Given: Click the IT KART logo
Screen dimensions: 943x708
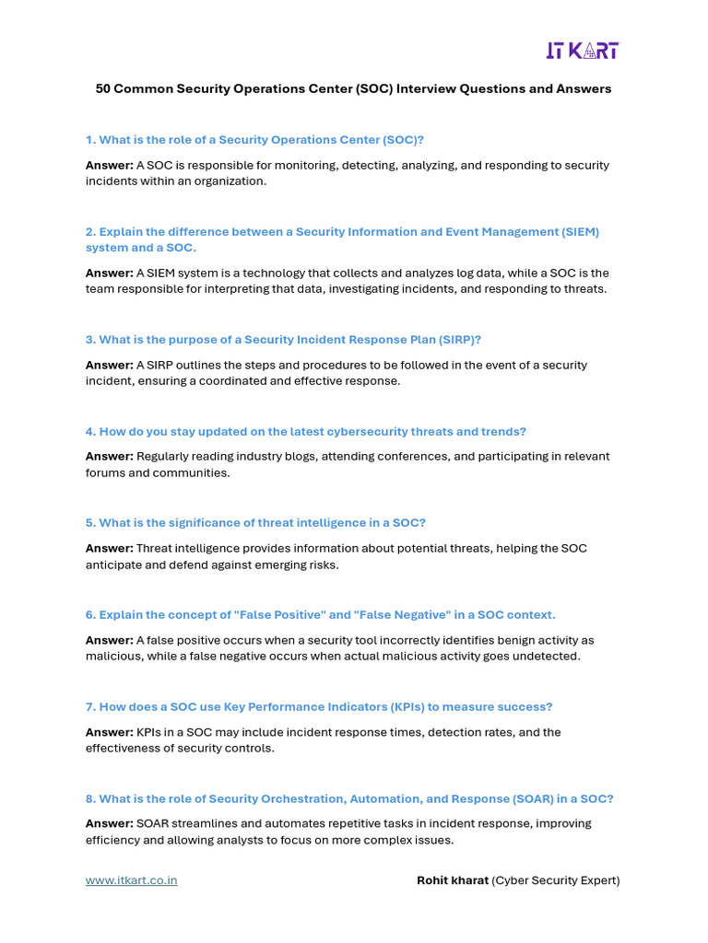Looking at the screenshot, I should pyautogui.click(x=581, y=50).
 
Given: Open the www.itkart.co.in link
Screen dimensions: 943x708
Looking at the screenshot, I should pyautogui.click(x=132, y=880).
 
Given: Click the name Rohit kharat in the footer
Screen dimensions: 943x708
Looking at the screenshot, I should pyautogui.click(x=452, y=880).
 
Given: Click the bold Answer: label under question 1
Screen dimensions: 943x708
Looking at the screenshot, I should pyautogui.click(x=110, y=166).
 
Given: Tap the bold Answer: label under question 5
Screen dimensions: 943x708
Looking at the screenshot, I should pyautogui.click(x=110, y=549).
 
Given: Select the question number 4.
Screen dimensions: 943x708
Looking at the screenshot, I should pyautogui.click(x=90, y=432).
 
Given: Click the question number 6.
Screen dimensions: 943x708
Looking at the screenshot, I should pyautogui.click(x=90, y=615).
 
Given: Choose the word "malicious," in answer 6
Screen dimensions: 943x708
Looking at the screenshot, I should pyautogui.click(x=112, y=657).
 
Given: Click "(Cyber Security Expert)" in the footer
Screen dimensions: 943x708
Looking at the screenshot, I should pyautogui.click(x=556, y=880).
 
